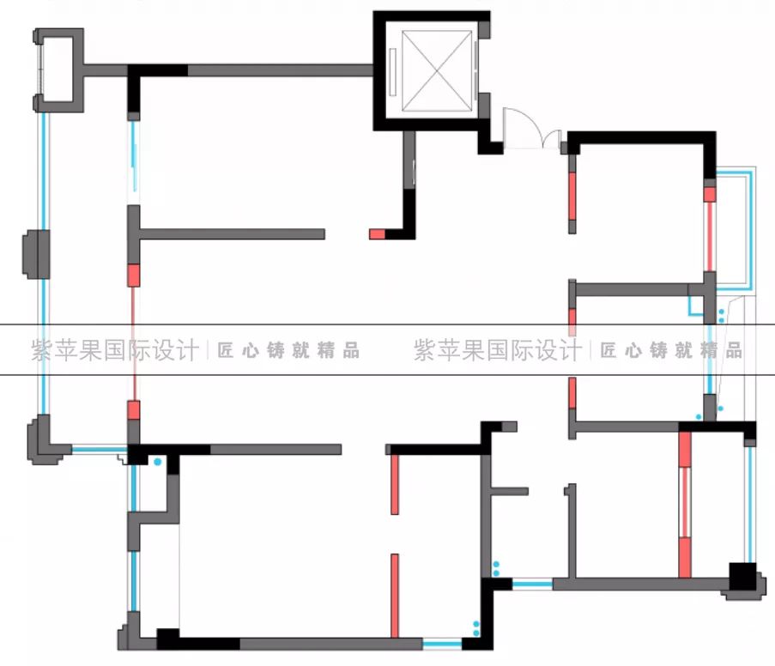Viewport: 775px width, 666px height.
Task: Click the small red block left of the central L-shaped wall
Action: (378, 233)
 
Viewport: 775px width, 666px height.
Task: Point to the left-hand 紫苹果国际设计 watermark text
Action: (113, 350)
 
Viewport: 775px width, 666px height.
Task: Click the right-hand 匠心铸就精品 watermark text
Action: (671, 350)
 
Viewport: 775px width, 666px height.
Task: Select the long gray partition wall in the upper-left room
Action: (232, 233)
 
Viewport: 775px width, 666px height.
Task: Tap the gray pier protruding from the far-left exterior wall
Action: (33, 253)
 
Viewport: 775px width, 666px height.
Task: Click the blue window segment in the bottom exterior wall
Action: (442, 642)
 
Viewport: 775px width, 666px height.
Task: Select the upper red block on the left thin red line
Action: (133, 275)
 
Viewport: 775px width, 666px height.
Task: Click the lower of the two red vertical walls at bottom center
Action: (394, 596)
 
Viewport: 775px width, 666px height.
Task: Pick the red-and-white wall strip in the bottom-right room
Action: (685, 505)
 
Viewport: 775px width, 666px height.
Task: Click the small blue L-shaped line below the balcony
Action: (693, 308)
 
